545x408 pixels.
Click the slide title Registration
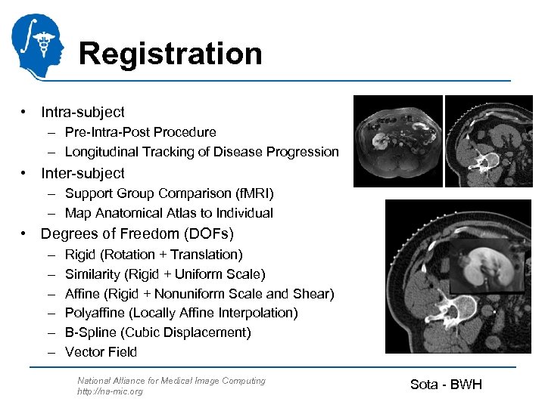pyautogui.click(x=170, y=54)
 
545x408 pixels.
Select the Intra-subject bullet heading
pyautogui.click(x=83, y=112)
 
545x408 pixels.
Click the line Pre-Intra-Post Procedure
pyautogui.click(x=140, y=132)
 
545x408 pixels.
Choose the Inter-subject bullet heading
pyautogui.click(x=83, y=172)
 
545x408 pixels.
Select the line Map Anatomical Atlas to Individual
pyautogui.click(x=169, y=213)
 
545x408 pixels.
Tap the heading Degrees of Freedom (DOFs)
pyautogui.click(x=137, y=233)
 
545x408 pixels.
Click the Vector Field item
pyautogui.click(x=101, y=352)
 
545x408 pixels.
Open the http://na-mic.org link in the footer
pyautogui.click(x=110, y=391)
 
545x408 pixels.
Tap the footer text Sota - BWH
pyautogui.click(x=446, y=385)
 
